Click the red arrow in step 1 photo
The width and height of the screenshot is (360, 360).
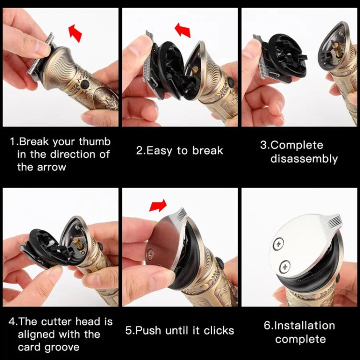click(75, 34)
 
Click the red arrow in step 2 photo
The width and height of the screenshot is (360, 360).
click(182, 30)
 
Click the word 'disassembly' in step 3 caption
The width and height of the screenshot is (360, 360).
click(304, 158)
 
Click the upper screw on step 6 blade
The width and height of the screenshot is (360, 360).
click(278, 244)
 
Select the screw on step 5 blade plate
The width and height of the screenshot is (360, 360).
click(151, 250)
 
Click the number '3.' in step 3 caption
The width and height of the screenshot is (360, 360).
click(264, 145)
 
